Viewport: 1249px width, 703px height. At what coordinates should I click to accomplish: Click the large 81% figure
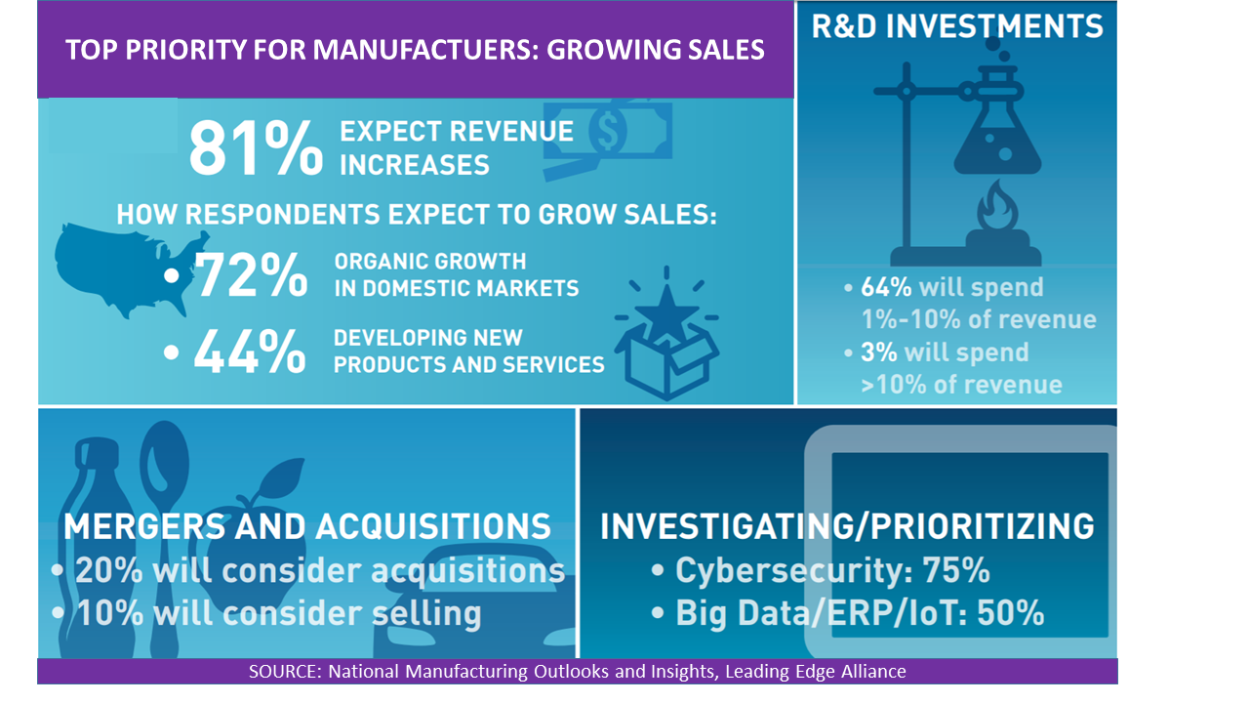(256, 149)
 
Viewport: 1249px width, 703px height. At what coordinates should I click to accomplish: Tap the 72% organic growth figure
(251, 274)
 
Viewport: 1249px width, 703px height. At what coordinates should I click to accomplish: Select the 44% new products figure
(250, 351)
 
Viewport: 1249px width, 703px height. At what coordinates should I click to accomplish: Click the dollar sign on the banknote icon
(608, 131)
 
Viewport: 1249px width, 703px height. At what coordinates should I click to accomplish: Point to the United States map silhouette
(128, 269)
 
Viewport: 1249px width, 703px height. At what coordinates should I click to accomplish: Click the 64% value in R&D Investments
(886, 287)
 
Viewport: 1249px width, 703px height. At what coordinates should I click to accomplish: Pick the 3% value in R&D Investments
(879, 352)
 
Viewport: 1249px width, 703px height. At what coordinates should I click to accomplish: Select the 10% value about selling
(110, 613)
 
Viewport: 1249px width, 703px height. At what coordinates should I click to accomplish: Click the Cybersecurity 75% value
(955, 570)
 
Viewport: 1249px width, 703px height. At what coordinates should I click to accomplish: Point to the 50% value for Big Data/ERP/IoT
(1010, 613)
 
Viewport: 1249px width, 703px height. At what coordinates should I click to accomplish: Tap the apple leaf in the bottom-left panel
(282, 478)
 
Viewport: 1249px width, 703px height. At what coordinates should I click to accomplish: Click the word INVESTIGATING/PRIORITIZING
(847, 526)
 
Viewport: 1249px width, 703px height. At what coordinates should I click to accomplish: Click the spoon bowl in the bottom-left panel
(165, 456)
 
